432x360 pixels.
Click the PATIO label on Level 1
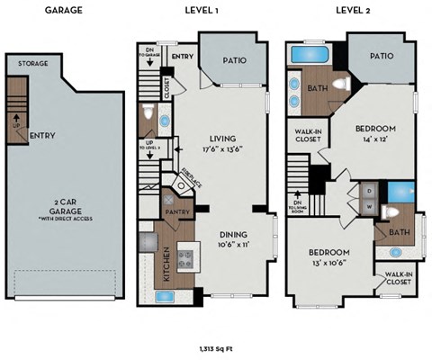tap(233, 61)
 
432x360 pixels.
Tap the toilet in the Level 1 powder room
tap(148, 115)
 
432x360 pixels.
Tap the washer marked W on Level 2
tap(368, 206)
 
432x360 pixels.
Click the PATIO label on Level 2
tap(381, 56)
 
